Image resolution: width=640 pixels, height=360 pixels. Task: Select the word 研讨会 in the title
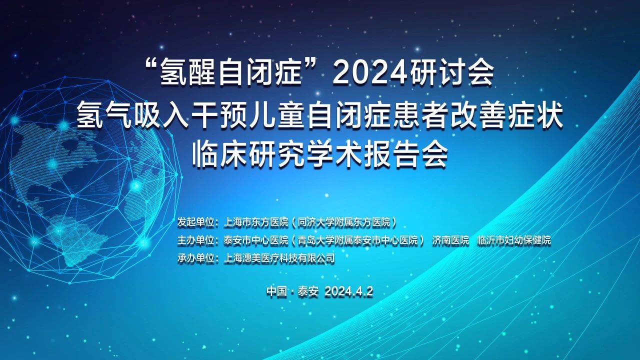pos(452,73)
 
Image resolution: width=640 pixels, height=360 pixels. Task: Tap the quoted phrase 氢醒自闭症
pos(231,73)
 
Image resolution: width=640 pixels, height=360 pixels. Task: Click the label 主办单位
pos(195,240)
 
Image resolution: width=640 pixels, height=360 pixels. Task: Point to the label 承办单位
pos(195,258)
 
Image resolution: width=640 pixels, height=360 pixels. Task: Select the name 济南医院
pos(450,240)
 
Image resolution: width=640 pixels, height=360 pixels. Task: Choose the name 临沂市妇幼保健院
pos(514,240)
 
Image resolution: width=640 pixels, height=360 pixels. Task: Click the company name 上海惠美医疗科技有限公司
pos(279,258)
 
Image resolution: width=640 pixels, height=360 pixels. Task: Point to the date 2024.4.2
pos(349,291)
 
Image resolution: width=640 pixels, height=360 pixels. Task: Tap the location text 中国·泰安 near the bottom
pos(292,291)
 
